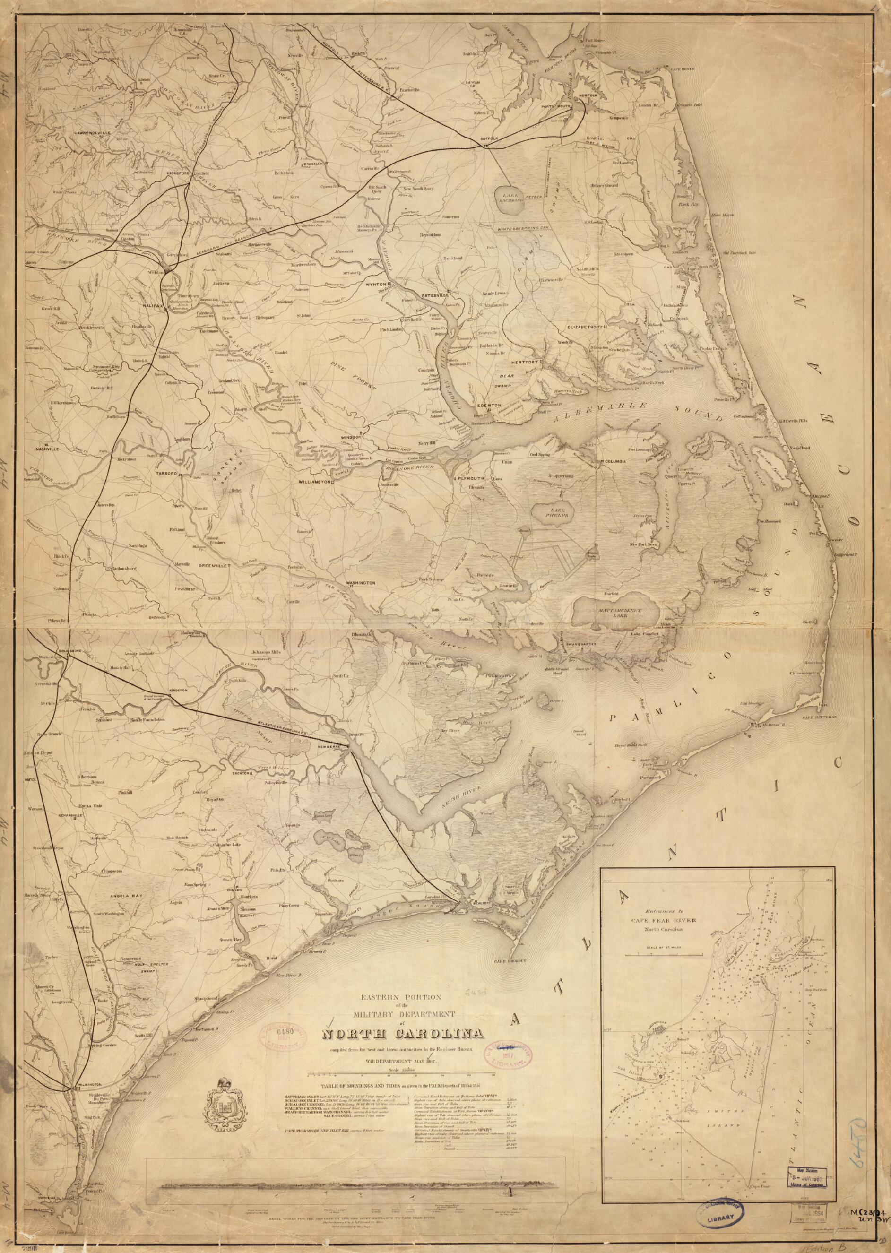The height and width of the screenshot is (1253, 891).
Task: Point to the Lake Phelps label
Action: point(552,515)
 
